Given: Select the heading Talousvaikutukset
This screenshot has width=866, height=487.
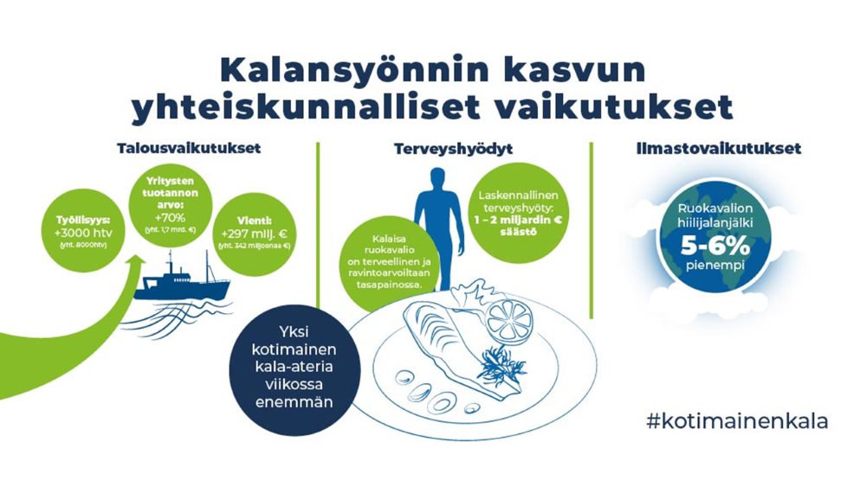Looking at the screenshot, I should [x=189, y=148].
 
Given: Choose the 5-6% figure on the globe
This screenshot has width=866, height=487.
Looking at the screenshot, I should [x=714, y=244].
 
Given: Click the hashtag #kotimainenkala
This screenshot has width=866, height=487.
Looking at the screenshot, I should [x=737, y=421].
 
